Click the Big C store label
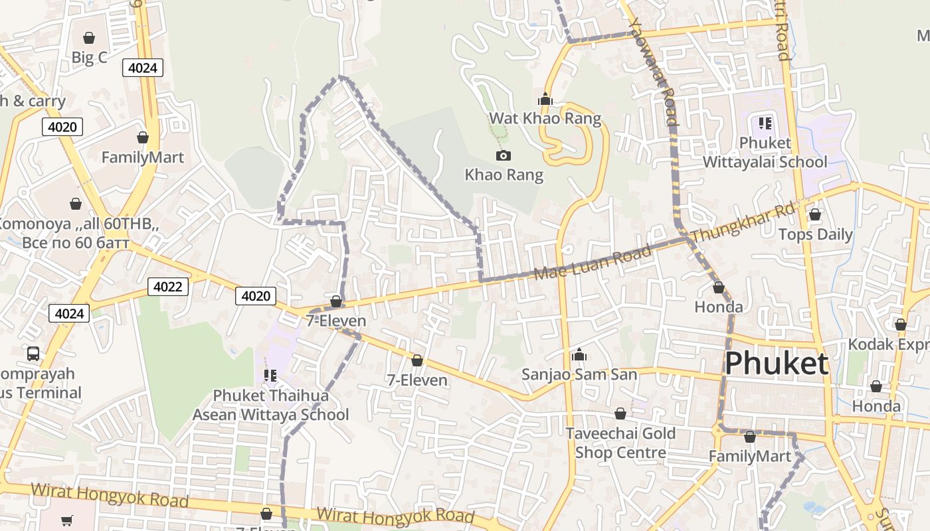(89, 58)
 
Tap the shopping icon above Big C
(89, 38)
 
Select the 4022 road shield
(167, 287)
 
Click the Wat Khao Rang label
(545, 119)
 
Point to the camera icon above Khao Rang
(504, 156)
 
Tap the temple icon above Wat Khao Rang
(545, 100)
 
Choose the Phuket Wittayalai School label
(765, 153)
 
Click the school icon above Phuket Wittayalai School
(765, 123)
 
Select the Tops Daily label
(815, 234)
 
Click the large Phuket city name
(777, 364)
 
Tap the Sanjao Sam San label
(579, 374)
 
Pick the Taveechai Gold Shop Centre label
(620, 443)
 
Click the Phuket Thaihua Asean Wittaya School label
(270, 405)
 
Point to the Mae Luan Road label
(593, 264)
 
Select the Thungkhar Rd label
(742, 224)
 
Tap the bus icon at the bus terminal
(33, 354)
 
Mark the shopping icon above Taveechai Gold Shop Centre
(620, 414)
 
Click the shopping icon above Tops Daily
(815, 215)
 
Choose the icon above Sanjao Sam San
(579, 355)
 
